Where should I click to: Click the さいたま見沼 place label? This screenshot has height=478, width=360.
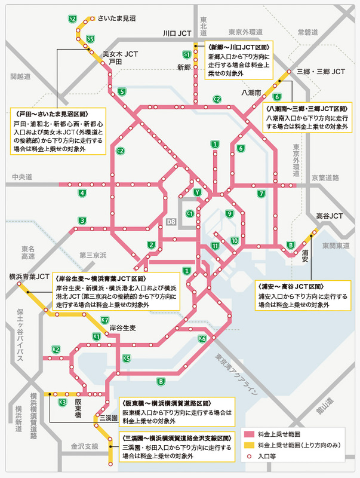[x=118, y=19]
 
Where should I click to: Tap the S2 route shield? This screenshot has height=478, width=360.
[x=72, y=19]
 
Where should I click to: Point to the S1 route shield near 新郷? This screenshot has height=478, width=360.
[x=187, y=54]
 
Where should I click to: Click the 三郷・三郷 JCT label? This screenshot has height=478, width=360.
[x=321, y=72]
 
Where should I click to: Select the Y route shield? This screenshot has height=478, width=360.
[x=196, y=192]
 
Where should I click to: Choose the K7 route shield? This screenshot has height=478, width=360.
[x=104, y=320]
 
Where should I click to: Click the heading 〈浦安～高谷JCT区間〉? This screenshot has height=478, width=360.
[x=291, y=286]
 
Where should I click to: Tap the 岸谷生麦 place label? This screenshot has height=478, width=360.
[x=122, y=328]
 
